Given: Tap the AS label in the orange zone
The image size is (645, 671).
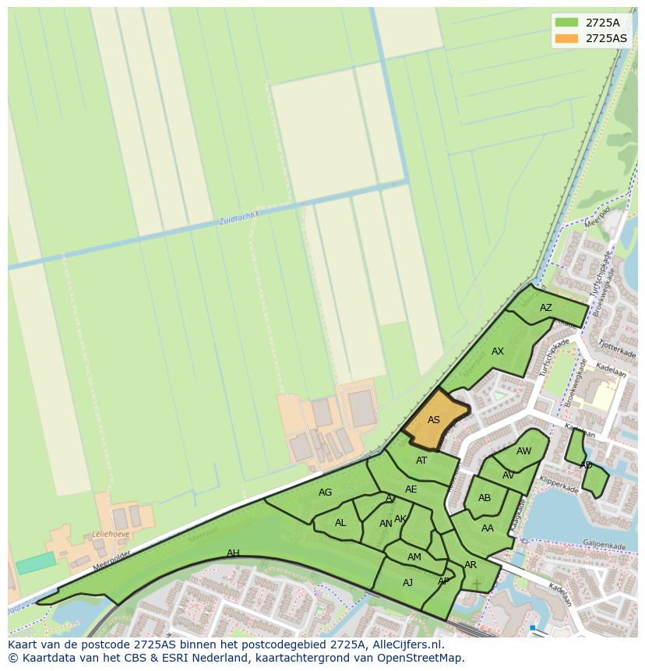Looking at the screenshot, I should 434,420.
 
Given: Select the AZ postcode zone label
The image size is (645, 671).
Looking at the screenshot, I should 545,308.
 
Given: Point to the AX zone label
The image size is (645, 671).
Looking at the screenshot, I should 498,351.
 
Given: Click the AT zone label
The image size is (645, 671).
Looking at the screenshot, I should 421,461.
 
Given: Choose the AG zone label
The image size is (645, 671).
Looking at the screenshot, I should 326,493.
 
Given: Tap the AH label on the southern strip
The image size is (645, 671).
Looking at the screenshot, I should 233,553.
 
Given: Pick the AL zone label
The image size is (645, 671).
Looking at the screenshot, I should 340,523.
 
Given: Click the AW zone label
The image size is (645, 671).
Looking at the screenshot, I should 523,451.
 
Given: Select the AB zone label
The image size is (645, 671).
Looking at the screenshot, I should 485,498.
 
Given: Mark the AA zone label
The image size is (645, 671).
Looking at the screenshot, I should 488,528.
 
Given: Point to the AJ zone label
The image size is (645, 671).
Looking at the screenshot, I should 408,583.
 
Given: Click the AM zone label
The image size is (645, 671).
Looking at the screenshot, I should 414,557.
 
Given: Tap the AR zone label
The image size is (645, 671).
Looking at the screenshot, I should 471,565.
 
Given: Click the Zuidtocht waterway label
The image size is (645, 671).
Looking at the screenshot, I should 238,219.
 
